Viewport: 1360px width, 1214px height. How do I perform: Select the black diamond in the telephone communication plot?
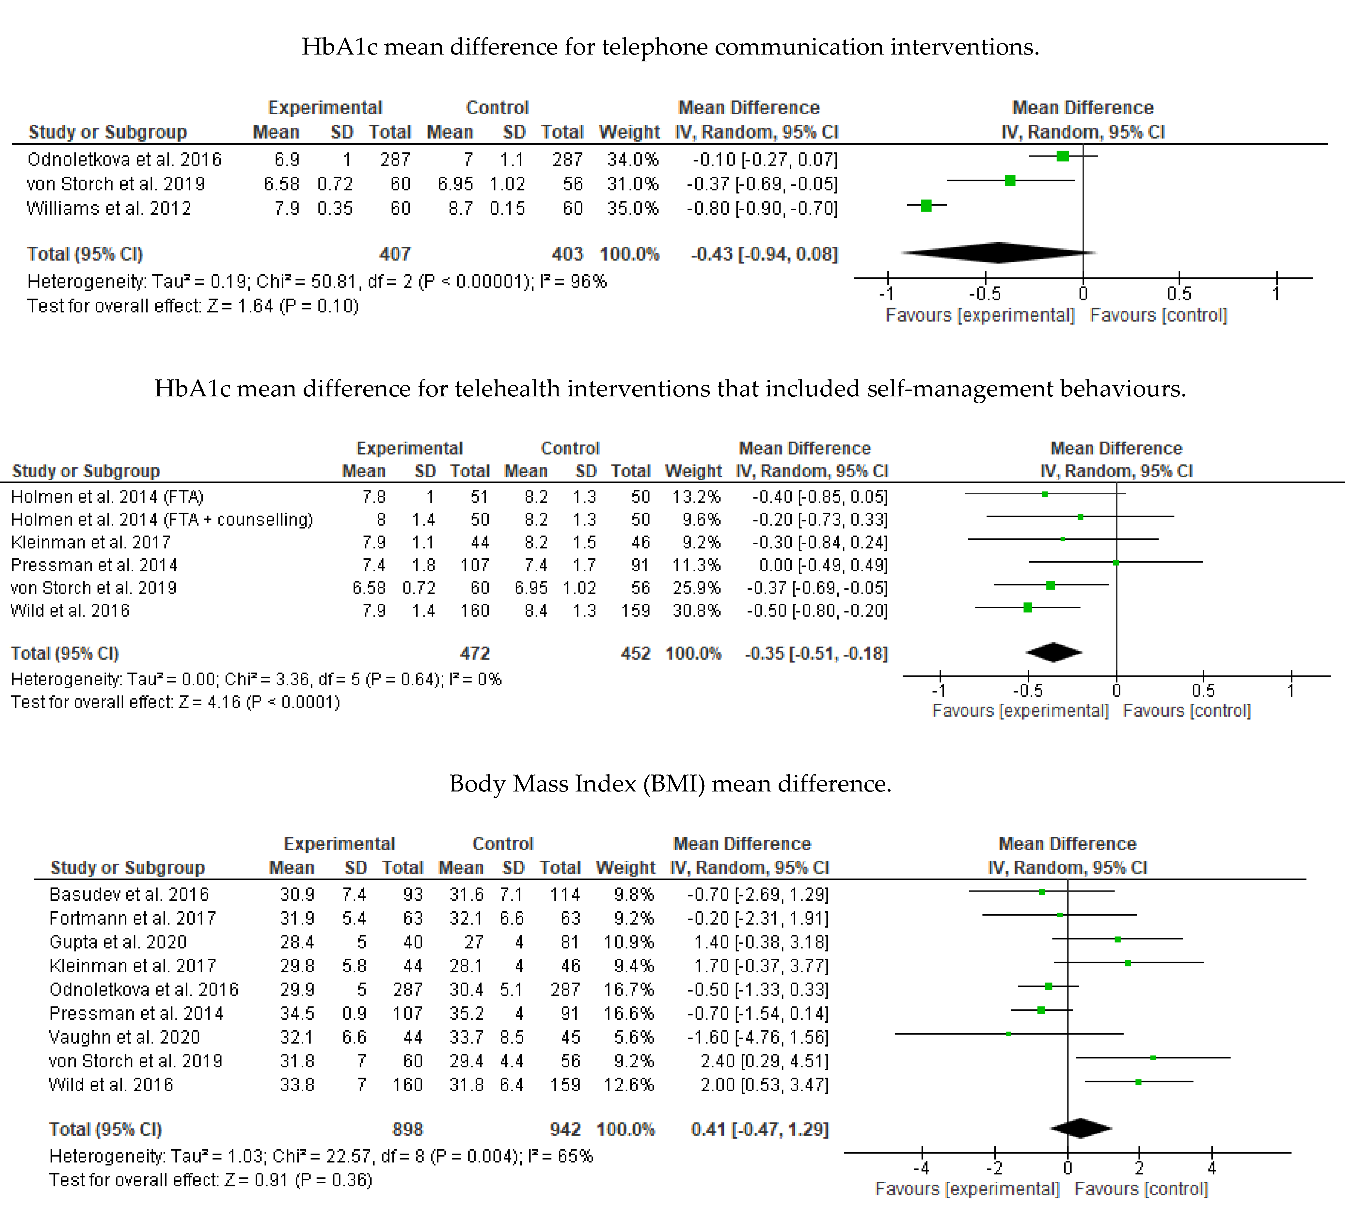point(999,253)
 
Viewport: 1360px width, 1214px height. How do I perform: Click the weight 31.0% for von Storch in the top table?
point(632,184)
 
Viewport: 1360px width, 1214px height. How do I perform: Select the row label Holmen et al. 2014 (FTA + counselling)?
point(162,519)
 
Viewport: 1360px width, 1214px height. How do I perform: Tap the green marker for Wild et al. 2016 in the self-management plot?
point(1028,608)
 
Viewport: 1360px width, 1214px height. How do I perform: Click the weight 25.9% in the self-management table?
point(696,588)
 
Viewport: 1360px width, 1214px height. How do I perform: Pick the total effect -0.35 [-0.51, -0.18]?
point(816,654)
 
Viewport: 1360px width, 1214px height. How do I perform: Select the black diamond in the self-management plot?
point(1054,652)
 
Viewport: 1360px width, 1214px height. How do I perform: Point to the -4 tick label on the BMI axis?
point(921,1168)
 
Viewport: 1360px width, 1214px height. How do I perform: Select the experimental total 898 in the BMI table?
point(407,1129)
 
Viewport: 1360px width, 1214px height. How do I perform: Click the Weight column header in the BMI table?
point(625,868)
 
